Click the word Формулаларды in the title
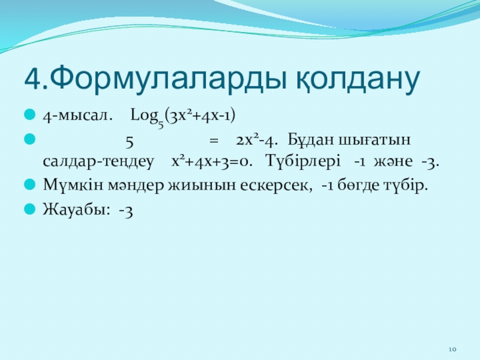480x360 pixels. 168,79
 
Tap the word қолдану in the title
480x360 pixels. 358,80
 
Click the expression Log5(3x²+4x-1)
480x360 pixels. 183,117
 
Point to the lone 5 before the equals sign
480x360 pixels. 130,142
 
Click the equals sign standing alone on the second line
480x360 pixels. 214,141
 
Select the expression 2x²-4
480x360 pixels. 257,140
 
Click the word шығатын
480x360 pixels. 375,140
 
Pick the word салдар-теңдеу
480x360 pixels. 98,161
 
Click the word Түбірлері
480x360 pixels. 303,161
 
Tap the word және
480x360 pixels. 393,161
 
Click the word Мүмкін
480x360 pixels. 73,185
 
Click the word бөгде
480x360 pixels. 358,185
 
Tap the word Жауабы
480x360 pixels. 76,209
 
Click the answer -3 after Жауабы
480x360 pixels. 126,211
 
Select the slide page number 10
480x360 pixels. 453,349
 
